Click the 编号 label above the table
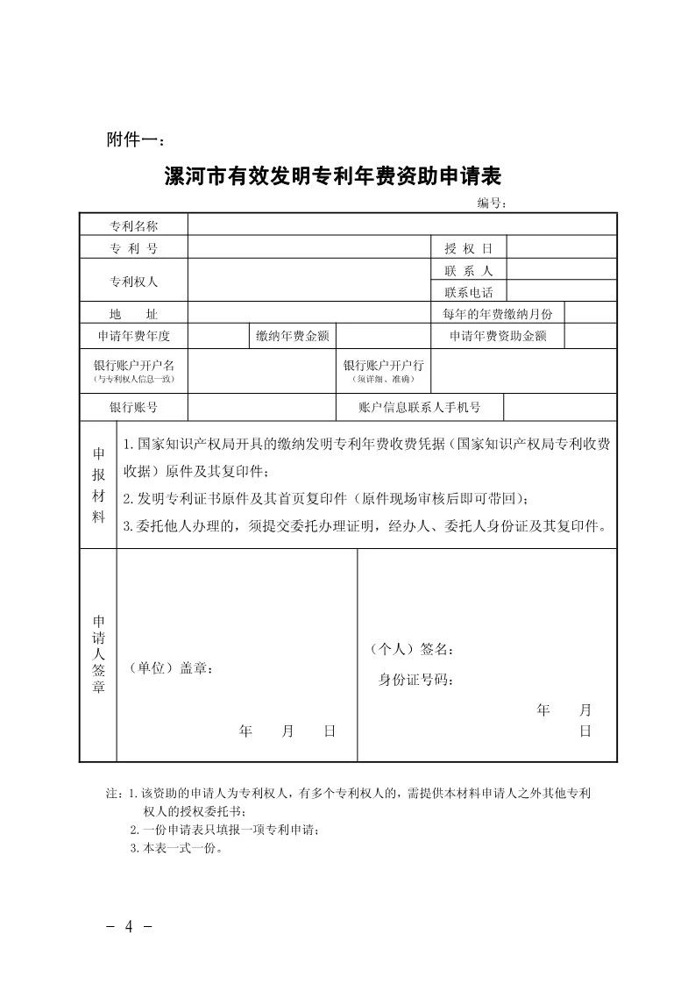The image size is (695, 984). (x=492, y=203)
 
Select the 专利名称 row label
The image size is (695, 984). (x=133, y=225)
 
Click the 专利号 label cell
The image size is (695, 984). (x=133, y=248)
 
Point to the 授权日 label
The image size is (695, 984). (x=468, y=248)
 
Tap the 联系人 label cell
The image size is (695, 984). (x=468, y=271)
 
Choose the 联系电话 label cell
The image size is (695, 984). (x=468, y=292)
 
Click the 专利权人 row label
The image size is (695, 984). (x=133, y=282)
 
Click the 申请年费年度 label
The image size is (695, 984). (x=133, y=336)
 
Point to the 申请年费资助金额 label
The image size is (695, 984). (x=497, y=336)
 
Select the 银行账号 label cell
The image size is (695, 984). (x=133, y=408)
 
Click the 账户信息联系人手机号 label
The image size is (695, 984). (x=420, y=408)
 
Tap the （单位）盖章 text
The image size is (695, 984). (x=171, y=667)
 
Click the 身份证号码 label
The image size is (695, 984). (x=415, y=680)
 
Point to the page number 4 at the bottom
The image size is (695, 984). (x=129, y=927)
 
